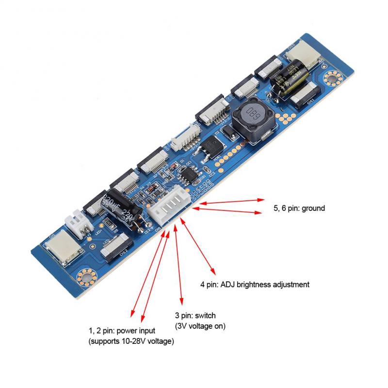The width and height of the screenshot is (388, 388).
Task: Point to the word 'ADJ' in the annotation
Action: pos(227,285)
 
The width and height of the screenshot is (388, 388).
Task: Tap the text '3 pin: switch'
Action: pos(195,316)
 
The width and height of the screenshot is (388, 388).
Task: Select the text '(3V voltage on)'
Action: pos(200,326)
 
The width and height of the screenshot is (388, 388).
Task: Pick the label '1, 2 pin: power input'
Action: pos(122,331)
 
